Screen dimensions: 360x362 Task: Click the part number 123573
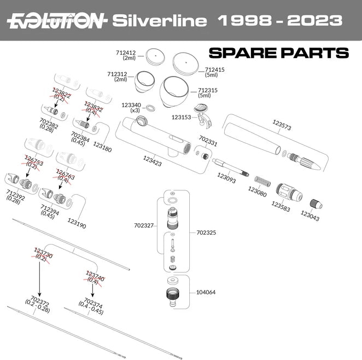(x=282, y=127)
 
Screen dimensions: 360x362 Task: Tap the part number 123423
(x=152, y=159)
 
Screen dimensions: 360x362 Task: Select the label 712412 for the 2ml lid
(x=125, y=53)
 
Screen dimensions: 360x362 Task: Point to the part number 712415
(x=215, y=70)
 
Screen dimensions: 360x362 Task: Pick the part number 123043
(x=310, y=217)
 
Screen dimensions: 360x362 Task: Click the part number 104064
(x=206, y=292)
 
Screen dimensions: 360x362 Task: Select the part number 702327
(x=143, y=225)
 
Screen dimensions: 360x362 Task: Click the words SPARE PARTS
(x=279, y=53)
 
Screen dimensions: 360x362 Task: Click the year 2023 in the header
(x=317, y=21)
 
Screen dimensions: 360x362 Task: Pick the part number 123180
(x=102, y=147)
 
